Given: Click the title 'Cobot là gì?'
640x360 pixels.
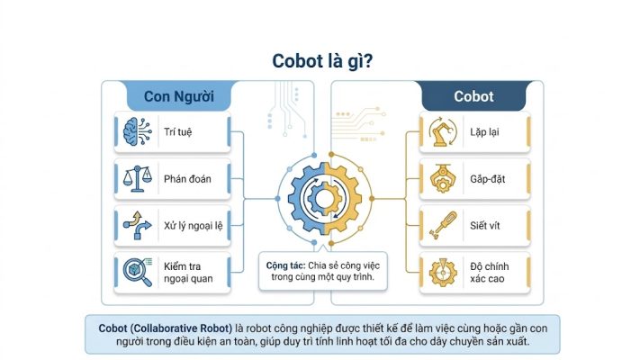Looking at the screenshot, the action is click(x=322, y=61).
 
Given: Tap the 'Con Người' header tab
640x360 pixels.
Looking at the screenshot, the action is click(x=179, y=96).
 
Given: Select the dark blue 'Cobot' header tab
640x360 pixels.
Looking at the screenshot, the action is click(x=473, y=96).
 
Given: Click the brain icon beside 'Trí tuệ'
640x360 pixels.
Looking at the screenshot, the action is click(x=137, y=131).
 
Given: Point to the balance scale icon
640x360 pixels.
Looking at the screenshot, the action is click(x=137, y=178).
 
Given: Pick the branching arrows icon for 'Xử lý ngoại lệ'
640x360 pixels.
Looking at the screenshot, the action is click(x=137, y=225).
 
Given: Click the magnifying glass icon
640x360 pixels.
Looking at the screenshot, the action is click(x=138, y=272).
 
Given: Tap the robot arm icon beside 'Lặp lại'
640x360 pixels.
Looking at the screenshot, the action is click(x=443, y=131).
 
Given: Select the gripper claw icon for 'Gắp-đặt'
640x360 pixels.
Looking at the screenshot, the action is click(x=443, y=178).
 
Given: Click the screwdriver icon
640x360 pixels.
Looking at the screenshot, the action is click(x=443, y=225).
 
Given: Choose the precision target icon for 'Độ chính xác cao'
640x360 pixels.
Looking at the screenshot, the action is click(x=443, y=272).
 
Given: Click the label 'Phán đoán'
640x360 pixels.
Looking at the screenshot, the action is click(x=187, y=179).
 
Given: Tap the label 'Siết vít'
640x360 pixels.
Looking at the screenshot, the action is click(x=484, y=225).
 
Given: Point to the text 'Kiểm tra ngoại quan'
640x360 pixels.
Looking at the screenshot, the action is click(x=188, y=273).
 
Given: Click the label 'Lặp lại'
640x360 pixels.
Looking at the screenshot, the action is click(x=484, y=132).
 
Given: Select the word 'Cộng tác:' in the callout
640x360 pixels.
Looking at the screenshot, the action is click(x=285, y=265).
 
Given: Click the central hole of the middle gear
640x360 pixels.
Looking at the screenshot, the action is click(x=324, y=199).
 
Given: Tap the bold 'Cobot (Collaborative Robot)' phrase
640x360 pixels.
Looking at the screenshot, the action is click(x=166, y=328).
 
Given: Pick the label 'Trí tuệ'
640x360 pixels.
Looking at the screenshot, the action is click(x=177, y=131).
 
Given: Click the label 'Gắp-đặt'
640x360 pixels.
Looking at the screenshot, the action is click(x=487, y=179).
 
